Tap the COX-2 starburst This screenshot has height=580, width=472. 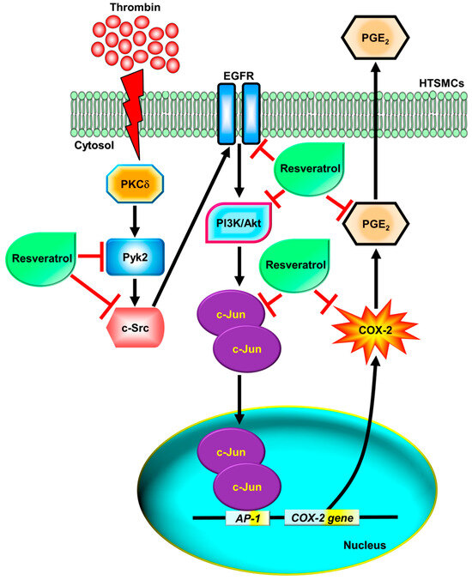(376, 329)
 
